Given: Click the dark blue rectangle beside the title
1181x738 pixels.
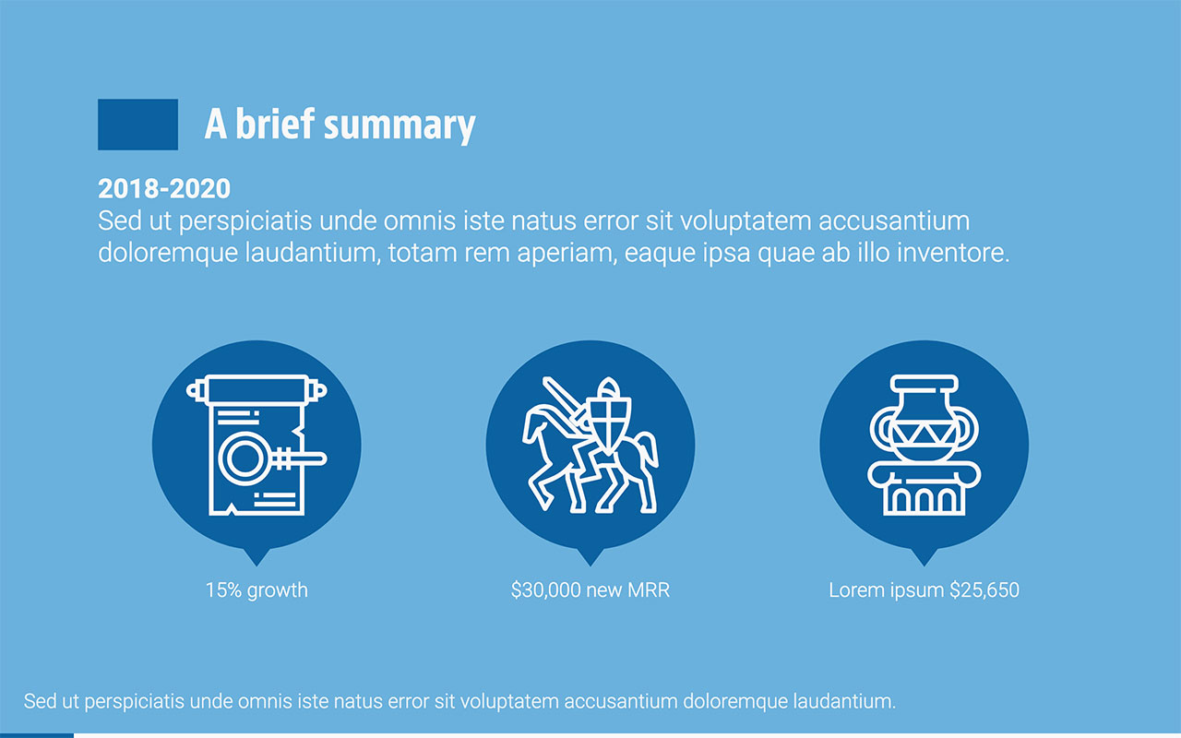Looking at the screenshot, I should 137,125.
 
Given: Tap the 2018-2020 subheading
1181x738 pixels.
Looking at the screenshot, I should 164,189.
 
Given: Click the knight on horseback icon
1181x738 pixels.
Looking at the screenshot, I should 590,445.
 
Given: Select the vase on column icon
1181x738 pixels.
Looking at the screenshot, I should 924,445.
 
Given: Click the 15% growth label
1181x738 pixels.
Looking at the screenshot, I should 256,590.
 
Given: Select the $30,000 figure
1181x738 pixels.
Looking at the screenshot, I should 546,590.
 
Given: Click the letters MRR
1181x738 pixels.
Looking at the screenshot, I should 650,590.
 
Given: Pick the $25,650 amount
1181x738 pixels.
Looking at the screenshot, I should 984,590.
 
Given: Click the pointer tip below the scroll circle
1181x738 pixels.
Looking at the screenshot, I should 256,558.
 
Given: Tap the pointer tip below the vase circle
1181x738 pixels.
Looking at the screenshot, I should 924,558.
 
